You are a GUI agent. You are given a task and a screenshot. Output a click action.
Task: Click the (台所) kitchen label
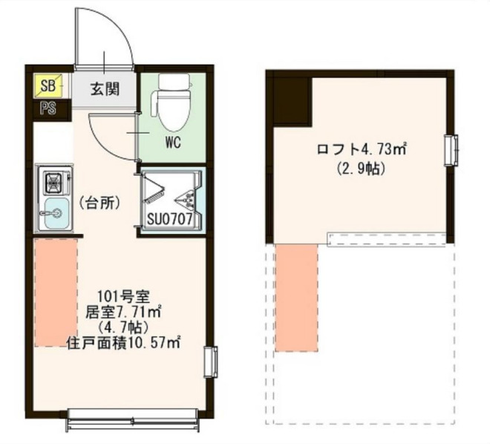pos(98,202)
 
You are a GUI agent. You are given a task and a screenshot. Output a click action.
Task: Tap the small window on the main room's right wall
pos(209,362)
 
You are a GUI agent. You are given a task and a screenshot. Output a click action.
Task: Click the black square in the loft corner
pos(290,101)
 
